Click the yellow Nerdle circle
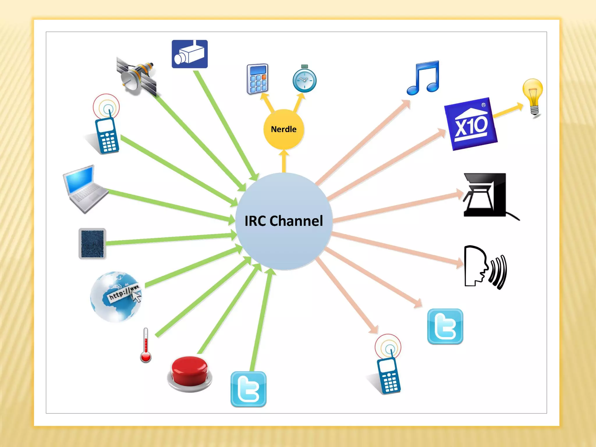click(x=284, y=129)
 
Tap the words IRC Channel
click(x=284, y=221)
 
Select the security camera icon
click(x=190, y=54)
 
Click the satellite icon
click(x=137, y=76)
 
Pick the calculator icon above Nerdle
click(x=257, y=79)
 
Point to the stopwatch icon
click(x=304, y=79)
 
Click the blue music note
click(x=423, y=78)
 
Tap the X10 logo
click(x=471, y=124)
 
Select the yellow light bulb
click(x=533, y=96)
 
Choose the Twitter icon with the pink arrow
click(x=445, y=327)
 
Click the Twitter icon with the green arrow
click(x=249, y=389)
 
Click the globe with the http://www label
click(x=116, y=297)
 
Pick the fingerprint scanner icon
click(x=92, y=244)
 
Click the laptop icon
click(x=84, y=188)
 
